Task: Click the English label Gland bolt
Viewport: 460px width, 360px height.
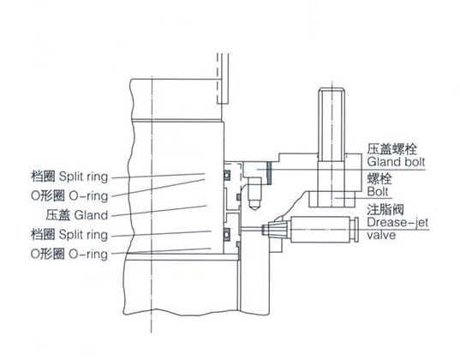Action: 396,162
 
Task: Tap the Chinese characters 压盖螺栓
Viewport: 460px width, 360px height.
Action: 391,149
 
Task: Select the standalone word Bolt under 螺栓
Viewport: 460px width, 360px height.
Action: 378,192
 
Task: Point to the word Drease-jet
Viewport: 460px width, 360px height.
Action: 397,222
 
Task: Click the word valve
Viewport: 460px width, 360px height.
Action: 381,235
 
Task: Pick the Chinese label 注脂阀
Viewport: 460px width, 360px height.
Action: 385,210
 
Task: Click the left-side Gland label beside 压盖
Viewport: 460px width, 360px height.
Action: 91,215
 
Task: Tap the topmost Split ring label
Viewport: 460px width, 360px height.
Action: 84,177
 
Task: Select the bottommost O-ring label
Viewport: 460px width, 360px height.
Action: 88,254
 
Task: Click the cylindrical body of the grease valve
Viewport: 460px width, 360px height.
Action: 320,230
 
